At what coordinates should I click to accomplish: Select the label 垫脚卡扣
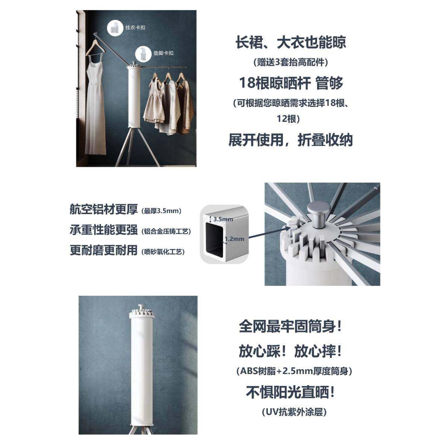click(163, 53)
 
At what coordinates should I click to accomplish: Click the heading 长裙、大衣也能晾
click(291, 42)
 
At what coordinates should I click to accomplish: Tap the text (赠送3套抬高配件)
click(291, 62)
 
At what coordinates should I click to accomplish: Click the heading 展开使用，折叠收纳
click(291, 140)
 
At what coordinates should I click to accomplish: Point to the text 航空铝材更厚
click(104, 210)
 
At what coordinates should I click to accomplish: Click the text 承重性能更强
click(104, 230)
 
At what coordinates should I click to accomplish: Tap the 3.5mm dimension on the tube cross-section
click(223, 219)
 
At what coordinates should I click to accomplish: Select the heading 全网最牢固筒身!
click(291, 327)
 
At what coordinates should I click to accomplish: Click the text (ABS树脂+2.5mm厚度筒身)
click(294, 371)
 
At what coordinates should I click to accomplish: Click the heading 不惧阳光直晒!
click(291, 392)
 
